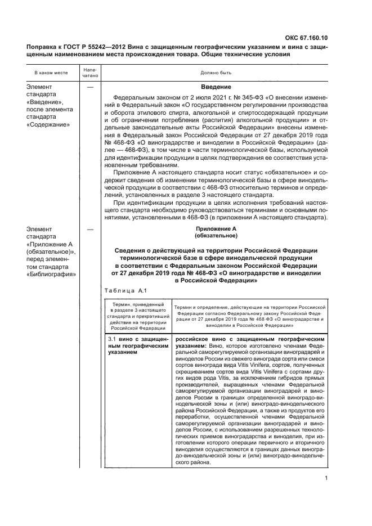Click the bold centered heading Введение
pos(216,87)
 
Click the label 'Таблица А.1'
pos(125,291)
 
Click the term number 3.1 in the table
pos(111,340)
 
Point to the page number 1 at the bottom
pos(326,479)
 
